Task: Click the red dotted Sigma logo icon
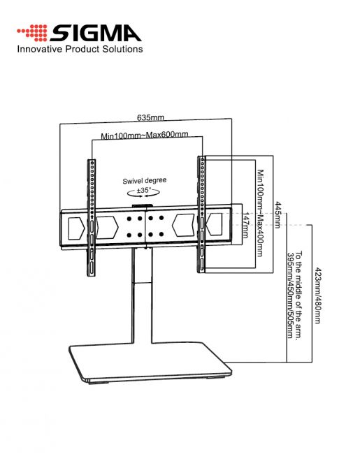coord(32,33)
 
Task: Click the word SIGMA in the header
coord(96,34)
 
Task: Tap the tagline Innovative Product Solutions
coord(80,49)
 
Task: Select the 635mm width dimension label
coord(150,117)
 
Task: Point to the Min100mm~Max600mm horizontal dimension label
coord(145,136)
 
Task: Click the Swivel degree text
coord(145,180)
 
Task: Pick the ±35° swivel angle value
coord(144,190)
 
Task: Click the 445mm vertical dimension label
coord(278,214)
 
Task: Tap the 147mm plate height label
coord(246,225)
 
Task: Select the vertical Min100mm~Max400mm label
coord(260,213)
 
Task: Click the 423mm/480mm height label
coord(318,295)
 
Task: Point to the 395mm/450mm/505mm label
coord(290,295)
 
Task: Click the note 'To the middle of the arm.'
coord(298,295)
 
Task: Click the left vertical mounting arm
coord(91,217)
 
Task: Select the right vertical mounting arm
coord(201,214)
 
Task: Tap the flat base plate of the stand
coord(150,363)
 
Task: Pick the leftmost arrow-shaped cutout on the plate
coord(76,228)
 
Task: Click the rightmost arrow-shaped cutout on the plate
coord(214,224)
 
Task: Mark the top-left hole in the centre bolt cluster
coord(129,219)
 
